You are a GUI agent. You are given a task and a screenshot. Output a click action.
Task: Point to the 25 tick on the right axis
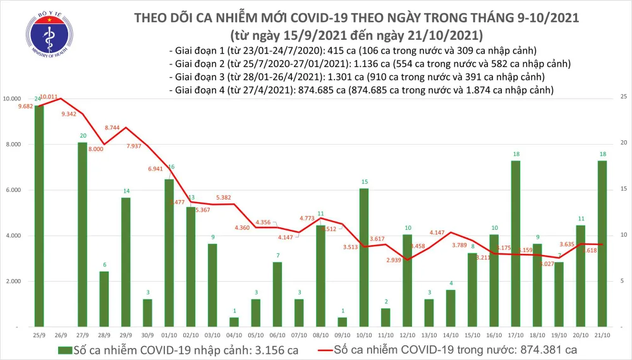pyautogui.click(x=624, y=97)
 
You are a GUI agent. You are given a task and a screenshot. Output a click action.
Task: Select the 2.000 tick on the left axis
pyautogui.click(x=15, y=281)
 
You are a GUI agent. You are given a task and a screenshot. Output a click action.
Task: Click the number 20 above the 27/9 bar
pyautogui.click(x=83, y=136)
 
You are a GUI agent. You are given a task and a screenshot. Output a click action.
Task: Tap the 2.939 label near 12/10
pyautogui.click(x=394, y=260)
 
